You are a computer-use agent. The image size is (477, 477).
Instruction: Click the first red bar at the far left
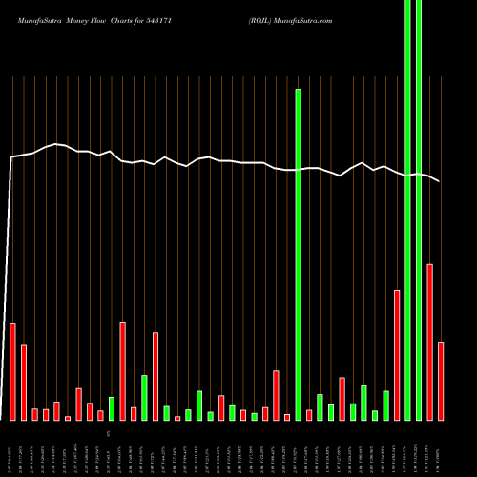click(12, 372)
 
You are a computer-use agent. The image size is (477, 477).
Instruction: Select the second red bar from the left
click(24, 383)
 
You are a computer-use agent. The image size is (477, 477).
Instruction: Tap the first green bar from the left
click(112, 408)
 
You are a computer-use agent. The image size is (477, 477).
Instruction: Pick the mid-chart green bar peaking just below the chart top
click(298, 254)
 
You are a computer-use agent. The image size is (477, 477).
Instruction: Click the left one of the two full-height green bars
click(408, 210)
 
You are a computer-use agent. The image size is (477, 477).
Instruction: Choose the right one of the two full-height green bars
click(419, 210)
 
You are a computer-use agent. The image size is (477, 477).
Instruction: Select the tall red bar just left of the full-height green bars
click(397, 355)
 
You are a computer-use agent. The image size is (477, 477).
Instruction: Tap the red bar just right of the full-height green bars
click(430, 342)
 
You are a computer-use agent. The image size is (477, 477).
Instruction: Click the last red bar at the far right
click(441, 382)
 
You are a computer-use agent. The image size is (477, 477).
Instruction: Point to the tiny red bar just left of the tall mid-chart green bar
click(287, 417)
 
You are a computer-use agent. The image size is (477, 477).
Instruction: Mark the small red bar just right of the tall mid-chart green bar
click(309, 415)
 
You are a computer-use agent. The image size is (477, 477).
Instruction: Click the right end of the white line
click(440, 181)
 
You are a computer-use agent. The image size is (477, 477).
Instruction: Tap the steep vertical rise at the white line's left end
click(10, 286)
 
